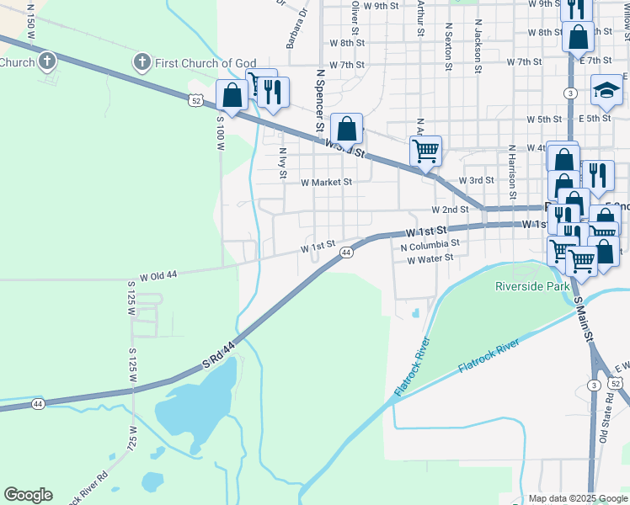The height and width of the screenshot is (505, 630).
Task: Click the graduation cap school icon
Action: (606, 90)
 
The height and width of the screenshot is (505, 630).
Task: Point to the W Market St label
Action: (325, 182)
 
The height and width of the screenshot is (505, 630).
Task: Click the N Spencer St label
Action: (320, 101)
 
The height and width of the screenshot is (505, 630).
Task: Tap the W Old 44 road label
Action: (159, 275)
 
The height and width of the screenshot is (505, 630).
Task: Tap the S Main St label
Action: (585, 319)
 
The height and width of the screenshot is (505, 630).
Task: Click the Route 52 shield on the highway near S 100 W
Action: (195, 100)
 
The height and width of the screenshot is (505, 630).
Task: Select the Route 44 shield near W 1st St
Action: (345, 252)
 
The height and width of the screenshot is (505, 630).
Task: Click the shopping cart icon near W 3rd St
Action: (426, 151)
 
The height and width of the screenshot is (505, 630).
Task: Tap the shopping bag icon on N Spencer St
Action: (346, 130)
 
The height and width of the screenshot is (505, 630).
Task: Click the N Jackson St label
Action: (478, 46)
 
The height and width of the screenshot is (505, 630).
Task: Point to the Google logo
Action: (28, 495)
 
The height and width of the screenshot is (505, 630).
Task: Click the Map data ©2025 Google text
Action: (578, 498)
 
